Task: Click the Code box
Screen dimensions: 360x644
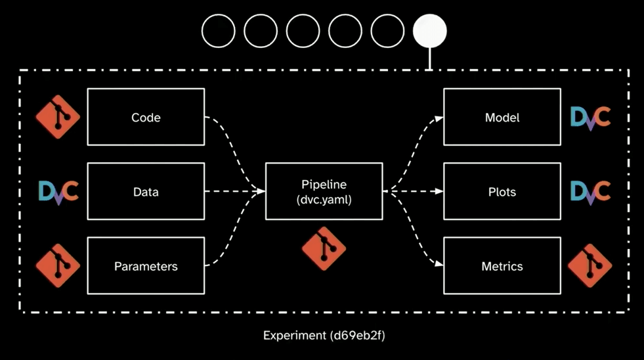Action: pyautogui.click(x=146, y=118)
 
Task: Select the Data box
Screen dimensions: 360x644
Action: pyautogui.click(x=146, y=192)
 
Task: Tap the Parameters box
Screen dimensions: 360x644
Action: pyautogui.click(x=146, y=266)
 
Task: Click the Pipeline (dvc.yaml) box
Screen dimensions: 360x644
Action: pyautogui.click(x=324, y=192)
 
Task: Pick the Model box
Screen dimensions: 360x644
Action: pyautogui.click(x=502, y=118)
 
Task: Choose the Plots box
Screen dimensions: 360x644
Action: pyautogui.click(x=502, y=192)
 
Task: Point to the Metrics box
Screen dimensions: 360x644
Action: pyautogui.click(x=502, y=266)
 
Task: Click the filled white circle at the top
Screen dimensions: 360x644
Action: pyautogui.click(x=430, y=30)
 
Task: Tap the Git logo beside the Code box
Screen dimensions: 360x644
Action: pyautogui.click(x=58, y=118)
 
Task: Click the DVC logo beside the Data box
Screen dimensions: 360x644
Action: pyautogui.click(x=58, y=191)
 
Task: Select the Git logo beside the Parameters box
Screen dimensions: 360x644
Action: pyautogui.click(x=58, y=266)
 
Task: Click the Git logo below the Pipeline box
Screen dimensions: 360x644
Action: pyautogui.click(x=324, y=249)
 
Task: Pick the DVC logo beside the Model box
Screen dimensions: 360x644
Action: pyautogui.click(x=590, y=118)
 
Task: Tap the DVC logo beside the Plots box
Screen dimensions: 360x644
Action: pyautogui.click(x=590, y=191)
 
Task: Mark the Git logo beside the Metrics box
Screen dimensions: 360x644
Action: pyautogui.click(x=590, y=266)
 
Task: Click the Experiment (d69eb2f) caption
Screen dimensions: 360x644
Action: pyautogui.click(x=324, y=336)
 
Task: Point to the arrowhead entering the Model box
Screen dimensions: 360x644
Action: pyautogui.click(x=439, y=119)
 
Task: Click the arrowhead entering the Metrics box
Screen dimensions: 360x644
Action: pyautogui.click(x=439, y=265)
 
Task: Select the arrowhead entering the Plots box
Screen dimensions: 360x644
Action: pyautogui.click(x=439, y=192)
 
